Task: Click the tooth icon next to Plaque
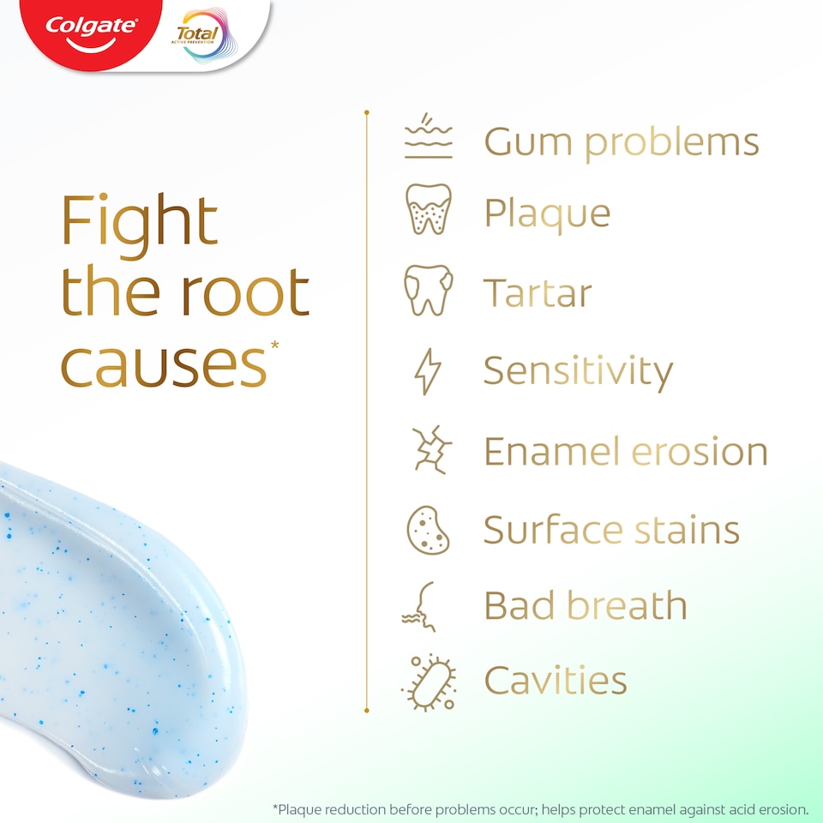[428, 210]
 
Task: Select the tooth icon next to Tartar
[428, 290]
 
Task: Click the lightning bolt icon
[427, 371]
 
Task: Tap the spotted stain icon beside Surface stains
[428, 529]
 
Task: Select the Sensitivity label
[578, 371]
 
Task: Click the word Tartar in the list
[538, 293]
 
